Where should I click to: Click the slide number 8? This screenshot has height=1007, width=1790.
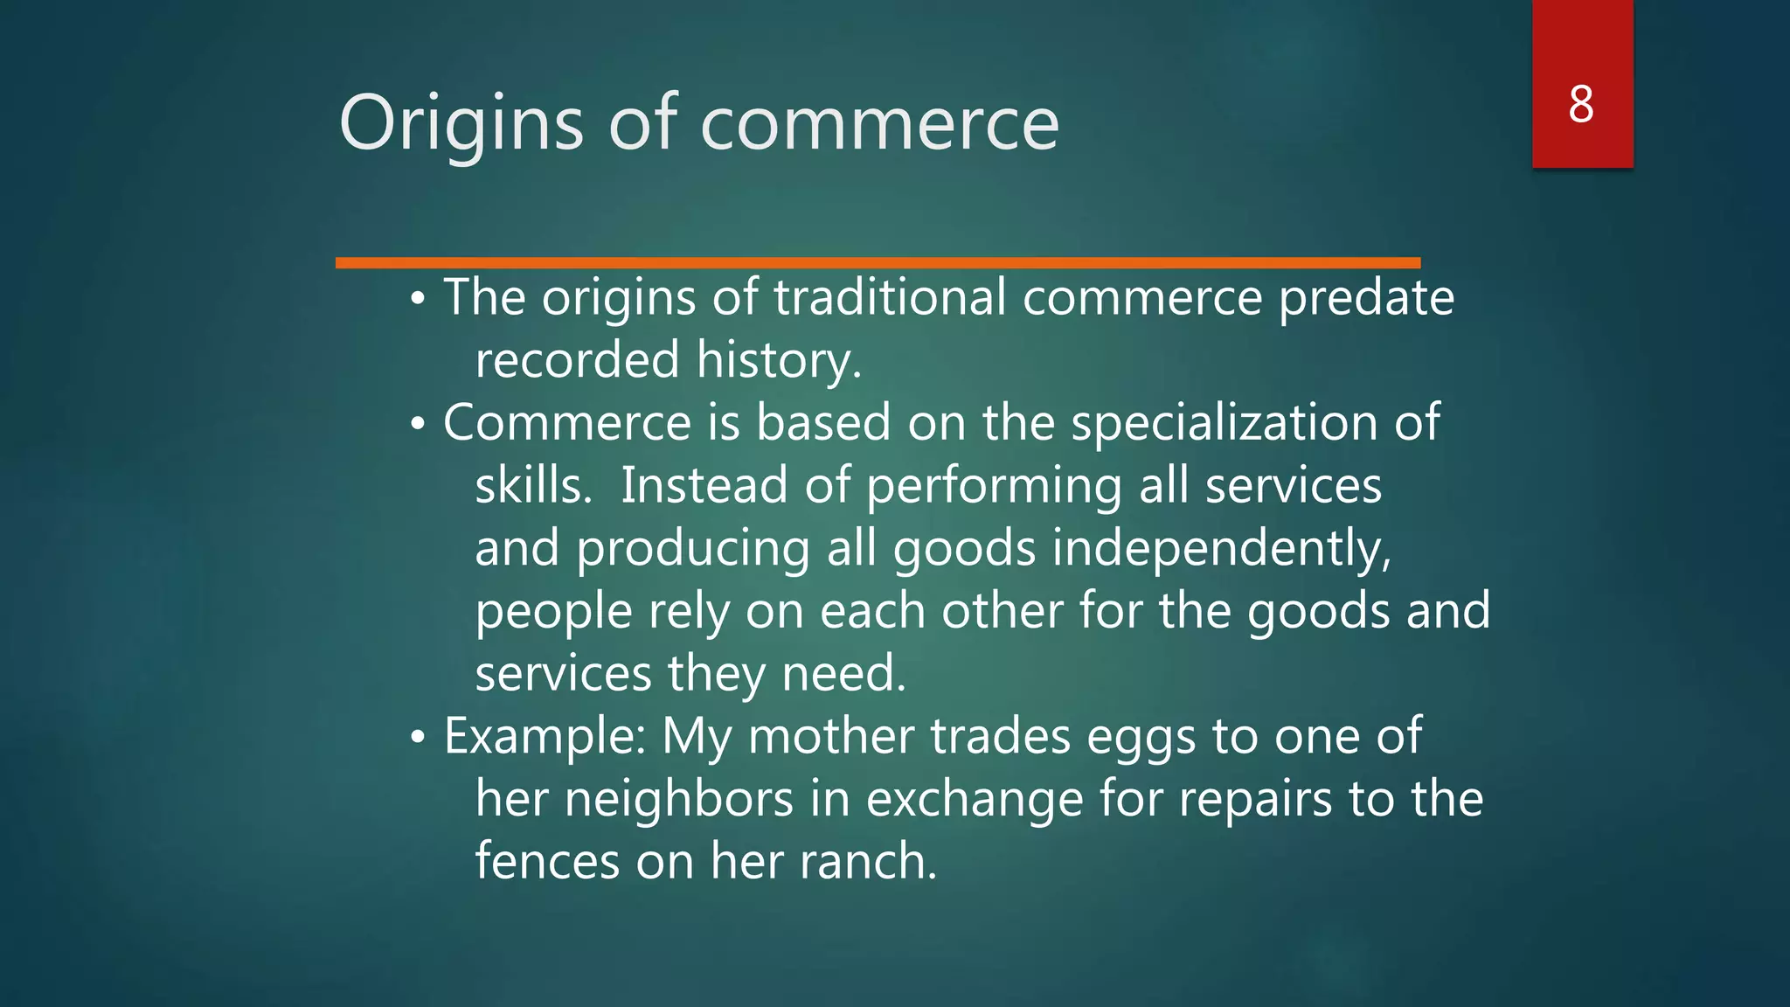coord(1581,105)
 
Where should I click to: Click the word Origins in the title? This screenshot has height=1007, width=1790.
coord(461,124)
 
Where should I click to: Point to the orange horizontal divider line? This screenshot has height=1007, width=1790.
coord(878,262)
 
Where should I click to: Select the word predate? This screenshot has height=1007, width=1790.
coord(1366,298)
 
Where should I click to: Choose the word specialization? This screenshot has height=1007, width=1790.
coord(1224,423)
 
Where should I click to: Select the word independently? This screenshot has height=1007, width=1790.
coord(1221,549)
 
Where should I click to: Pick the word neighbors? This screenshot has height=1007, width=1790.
coord(679,799)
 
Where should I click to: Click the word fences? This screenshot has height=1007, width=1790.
coord(547,861)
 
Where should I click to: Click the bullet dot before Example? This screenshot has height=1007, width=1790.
coord(419,737)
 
